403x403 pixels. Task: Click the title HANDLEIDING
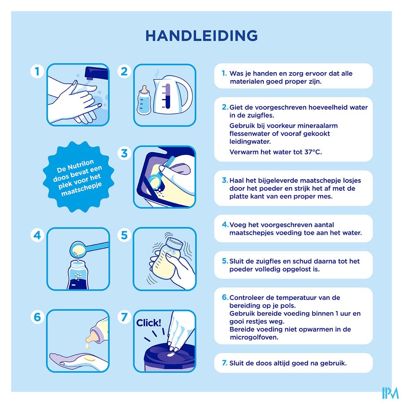point(201,35)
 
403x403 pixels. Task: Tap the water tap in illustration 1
point(96,73)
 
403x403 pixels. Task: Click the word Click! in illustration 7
point(149,323)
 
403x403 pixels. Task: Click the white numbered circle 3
point(124,153)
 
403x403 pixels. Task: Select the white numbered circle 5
point(124,235)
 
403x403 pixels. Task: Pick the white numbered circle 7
point(124,317)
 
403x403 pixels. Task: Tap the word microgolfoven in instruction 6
point(254,337)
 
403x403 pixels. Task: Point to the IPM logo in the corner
point(390,393)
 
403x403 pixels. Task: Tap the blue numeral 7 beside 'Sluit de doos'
point(224,363)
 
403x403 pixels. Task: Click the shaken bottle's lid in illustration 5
point(175,244)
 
